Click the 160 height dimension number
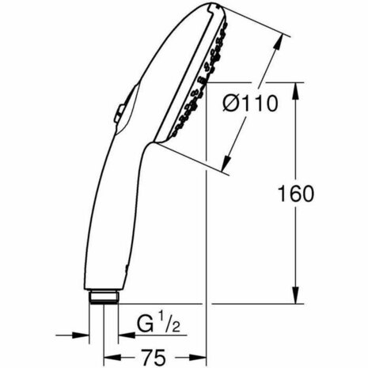click(298, 193)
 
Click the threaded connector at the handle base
click(103, 298)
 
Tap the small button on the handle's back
click(119, 114)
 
